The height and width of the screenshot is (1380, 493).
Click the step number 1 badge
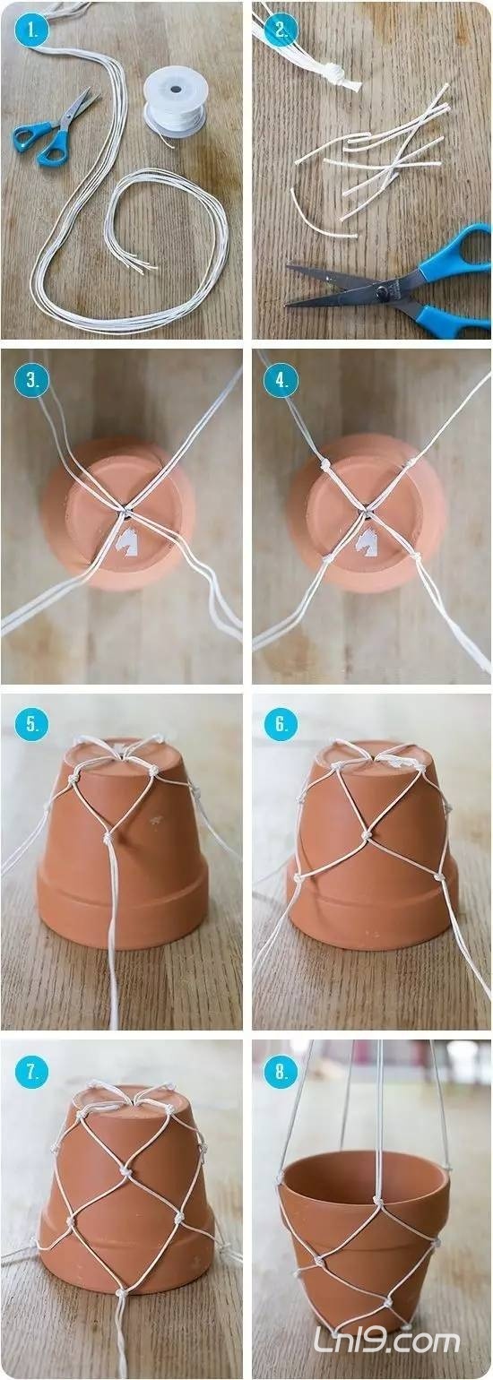click(30, 30)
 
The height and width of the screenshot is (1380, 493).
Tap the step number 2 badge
click(281, 30)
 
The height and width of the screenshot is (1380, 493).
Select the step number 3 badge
click(30, 381)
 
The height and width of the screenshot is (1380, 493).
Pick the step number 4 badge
click(281, 381)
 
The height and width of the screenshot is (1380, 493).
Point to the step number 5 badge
click(30, 724)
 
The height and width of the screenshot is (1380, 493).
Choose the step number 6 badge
click(281, 724)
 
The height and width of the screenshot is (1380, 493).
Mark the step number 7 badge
click(30, 1072)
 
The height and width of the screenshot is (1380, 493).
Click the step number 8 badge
click(281, 1072)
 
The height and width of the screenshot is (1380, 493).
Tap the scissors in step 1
click(56, 127)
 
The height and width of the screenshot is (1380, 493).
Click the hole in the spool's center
click(176, 90)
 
